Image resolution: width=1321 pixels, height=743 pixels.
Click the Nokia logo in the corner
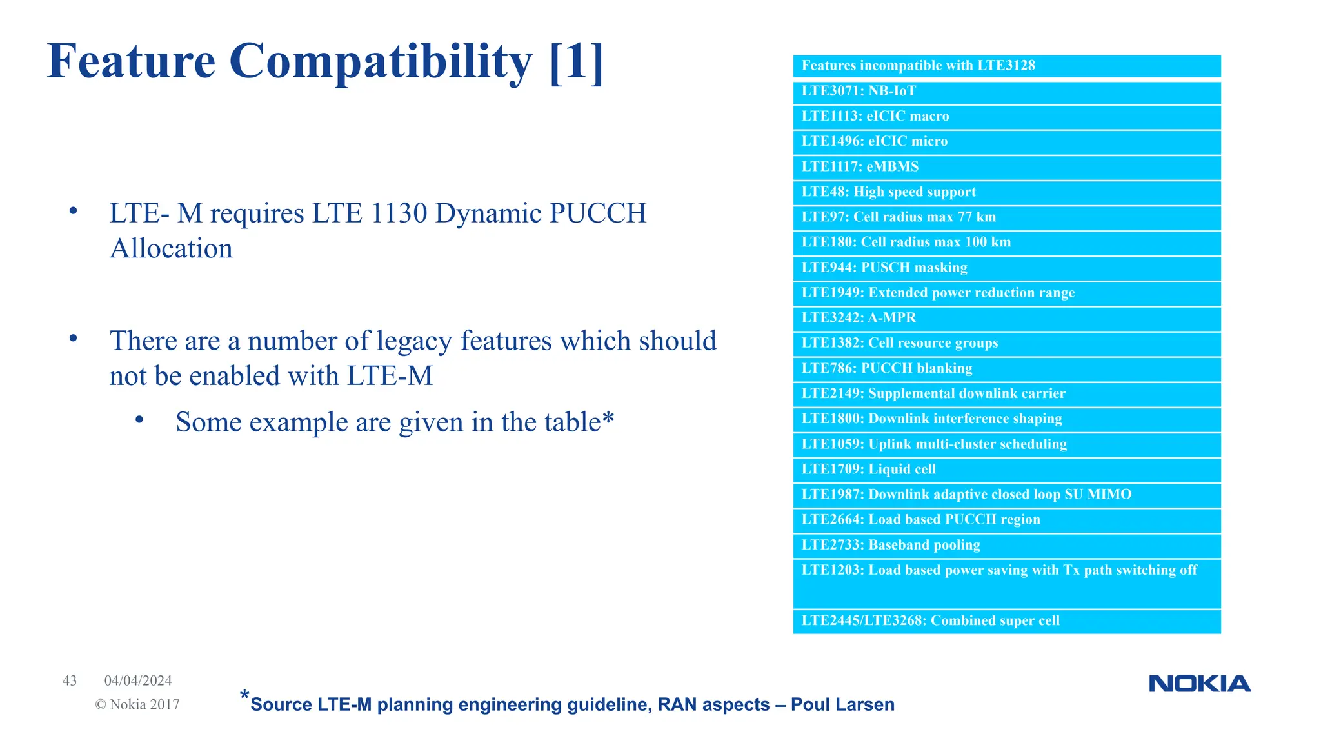[x=1199, y=684]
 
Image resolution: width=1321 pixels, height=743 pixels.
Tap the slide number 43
[x=70, y=680]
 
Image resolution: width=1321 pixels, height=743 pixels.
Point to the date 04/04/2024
[x=138, y=680]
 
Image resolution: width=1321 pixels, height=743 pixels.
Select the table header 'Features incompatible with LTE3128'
[x=918, y=66]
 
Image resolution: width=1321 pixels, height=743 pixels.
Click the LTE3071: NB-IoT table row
[x=859, y=91]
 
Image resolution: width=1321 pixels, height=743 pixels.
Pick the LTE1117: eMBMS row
[x=860, y=166]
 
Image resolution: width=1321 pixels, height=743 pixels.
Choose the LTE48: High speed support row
[x=888, y=192]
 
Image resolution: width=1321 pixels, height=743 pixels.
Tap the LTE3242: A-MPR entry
[x=859, y=318]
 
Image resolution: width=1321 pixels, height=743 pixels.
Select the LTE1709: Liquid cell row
[x=868, y=470]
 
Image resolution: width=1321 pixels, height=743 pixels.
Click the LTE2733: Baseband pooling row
[x=891, y=545]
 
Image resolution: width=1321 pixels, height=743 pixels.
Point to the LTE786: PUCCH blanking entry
[x=887, y=368]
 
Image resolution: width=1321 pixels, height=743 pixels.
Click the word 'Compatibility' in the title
[x=381, y=61]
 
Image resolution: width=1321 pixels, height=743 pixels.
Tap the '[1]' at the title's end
[x=577, y=61]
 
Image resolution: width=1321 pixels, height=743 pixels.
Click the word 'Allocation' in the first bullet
[x=171, y=248]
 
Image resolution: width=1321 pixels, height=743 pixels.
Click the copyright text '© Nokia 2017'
[x=137, y=704]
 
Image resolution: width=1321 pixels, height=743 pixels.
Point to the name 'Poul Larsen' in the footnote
[x=842, y=704]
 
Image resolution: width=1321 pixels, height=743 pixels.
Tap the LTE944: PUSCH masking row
[x=884, y=268]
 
